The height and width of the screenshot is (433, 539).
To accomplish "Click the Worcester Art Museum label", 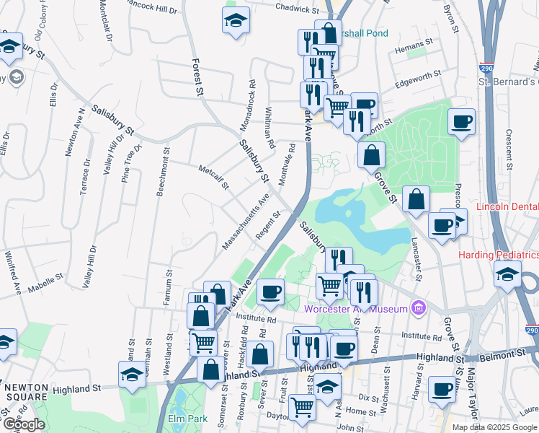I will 356,309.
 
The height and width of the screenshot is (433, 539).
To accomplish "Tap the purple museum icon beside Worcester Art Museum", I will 417,309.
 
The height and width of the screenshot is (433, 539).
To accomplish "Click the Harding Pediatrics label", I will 498,255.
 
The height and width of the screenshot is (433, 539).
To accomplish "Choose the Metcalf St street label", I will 213,178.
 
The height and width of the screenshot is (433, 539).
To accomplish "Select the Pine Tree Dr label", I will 128,167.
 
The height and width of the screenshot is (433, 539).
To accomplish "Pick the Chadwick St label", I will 297,9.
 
